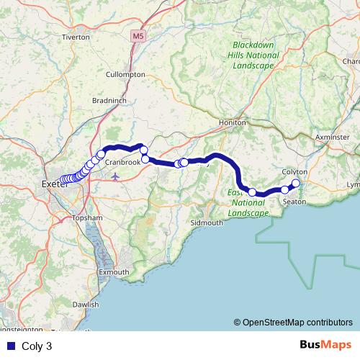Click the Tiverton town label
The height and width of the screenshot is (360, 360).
(76, 36)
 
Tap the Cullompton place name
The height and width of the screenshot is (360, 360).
(125, 74)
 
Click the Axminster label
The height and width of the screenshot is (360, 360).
(331, 135)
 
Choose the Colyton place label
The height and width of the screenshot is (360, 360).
(295, 172)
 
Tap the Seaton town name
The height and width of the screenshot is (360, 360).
(294, 202)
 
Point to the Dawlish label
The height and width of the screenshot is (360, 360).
(86, 305)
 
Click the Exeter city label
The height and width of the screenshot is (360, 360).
(54, 185)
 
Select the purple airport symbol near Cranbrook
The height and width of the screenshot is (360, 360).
(115, 176)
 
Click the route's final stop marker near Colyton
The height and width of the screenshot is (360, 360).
(295, 183)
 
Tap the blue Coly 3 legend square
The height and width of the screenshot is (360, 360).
(11, 346)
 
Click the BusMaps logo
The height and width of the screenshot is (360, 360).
(325, 345)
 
